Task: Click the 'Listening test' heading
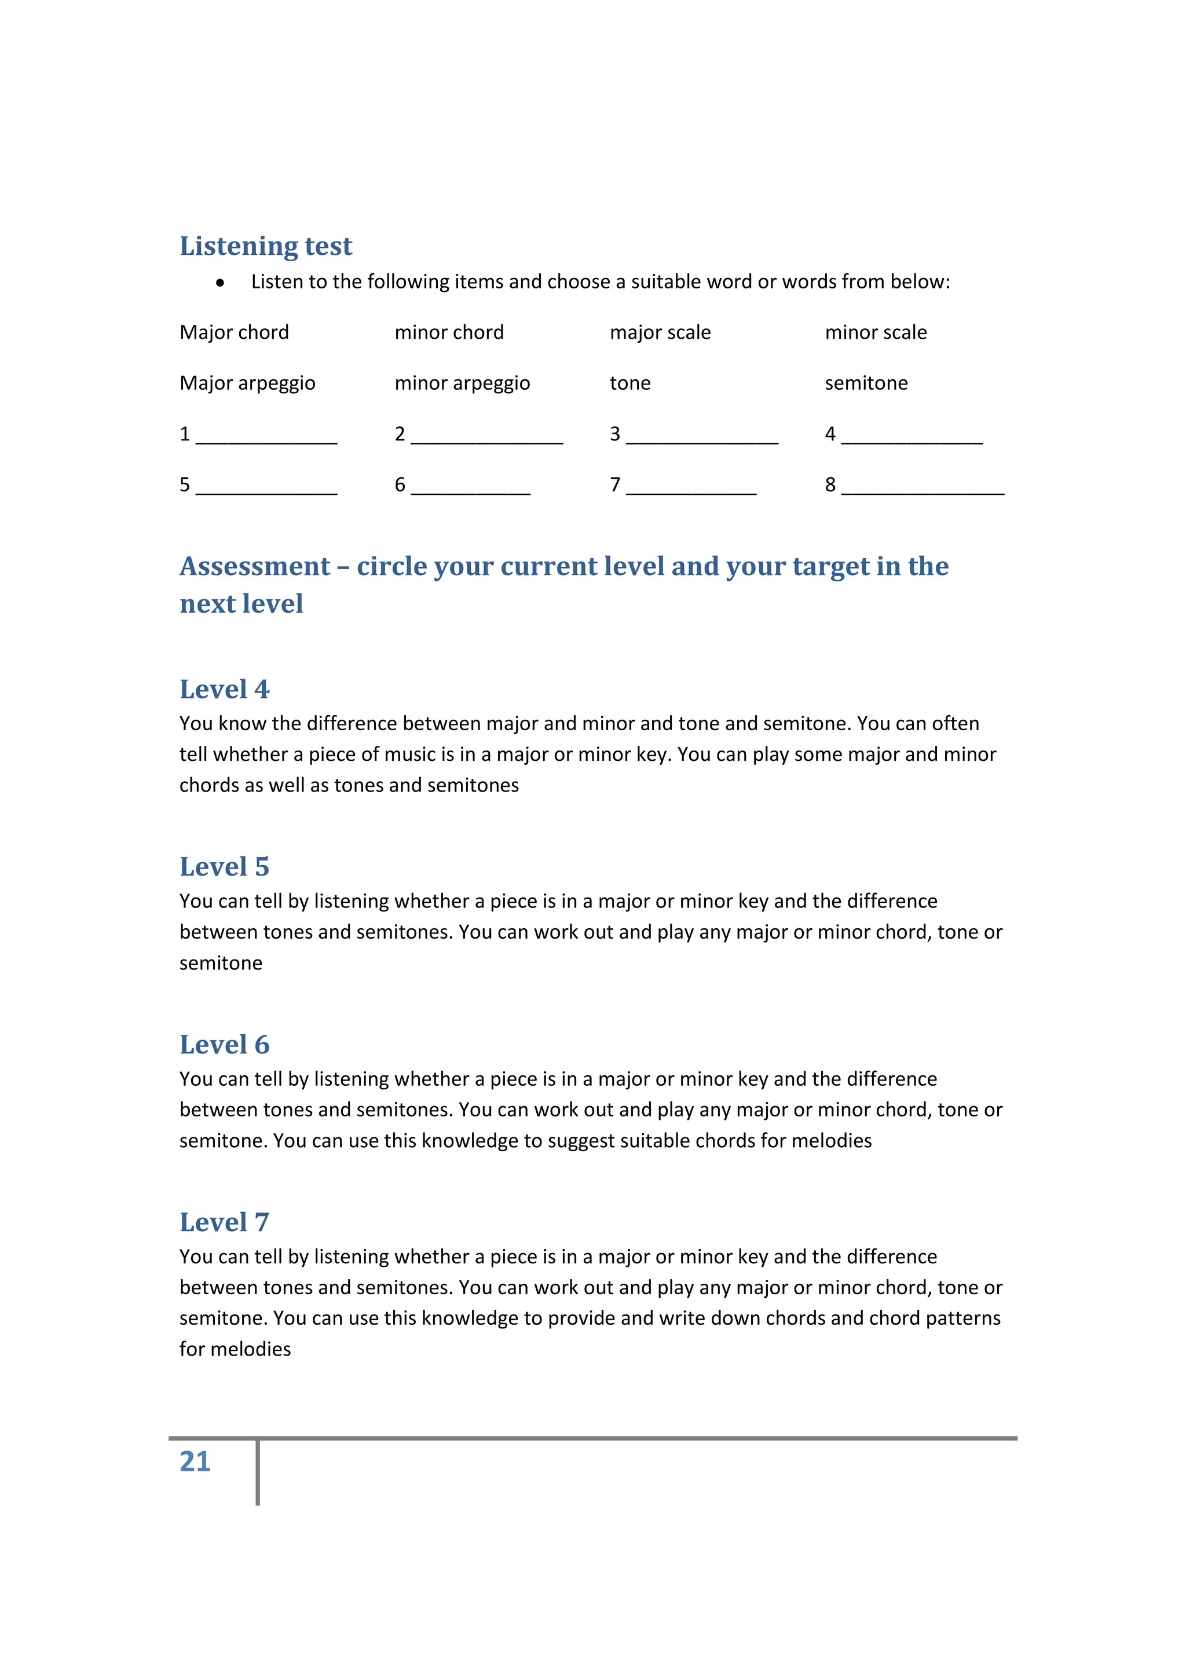266,246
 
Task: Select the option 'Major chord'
235,332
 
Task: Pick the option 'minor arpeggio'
462,383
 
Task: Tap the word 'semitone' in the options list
866,383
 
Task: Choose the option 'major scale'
660,332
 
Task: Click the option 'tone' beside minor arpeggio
629,383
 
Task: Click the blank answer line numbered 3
702,437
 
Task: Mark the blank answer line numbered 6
470,488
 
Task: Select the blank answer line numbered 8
923,488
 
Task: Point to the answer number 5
185,485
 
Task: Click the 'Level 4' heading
224,689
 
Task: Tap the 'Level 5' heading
224,866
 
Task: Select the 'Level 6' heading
224,1045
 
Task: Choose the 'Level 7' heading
224,1222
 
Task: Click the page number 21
195,1462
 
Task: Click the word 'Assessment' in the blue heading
255,567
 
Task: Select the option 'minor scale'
876,332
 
